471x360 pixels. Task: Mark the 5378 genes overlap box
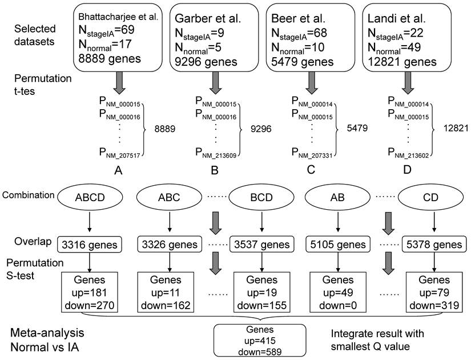click(436, 245)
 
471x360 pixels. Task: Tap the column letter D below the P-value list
click(407, 169)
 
